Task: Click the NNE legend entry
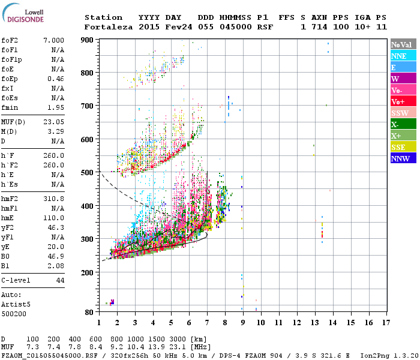403,56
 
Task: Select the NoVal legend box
403,44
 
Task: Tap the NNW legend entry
403,158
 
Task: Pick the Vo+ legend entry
403,101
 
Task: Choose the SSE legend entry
403,147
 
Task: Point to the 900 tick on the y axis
88,40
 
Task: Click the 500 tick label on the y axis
88,173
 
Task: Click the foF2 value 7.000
53,40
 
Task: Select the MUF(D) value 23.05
53,122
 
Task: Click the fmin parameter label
10,107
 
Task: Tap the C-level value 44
59,280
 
